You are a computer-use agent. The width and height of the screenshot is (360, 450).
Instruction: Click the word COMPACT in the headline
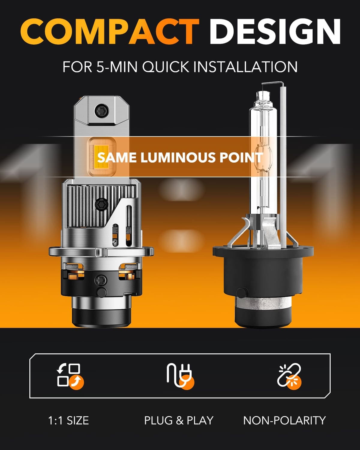coord(109,31)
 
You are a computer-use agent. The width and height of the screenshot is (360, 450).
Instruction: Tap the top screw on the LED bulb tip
coord(100,110)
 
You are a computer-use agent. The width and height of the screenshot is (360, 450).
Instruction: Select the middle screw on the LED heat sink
coord(100,204)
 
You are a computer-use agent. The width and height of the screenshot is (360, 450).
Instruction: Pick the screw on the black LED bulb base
coord(100,281)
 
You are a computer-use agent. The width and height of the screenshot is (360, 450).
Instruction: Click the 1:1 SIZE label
coord(68,420)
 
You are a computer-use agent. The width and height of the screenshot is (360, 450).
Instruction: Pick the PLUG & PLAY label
coord(178,420)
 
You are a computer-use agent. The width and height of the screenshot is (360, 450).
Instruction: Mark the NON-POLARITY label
coord(284,420)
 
